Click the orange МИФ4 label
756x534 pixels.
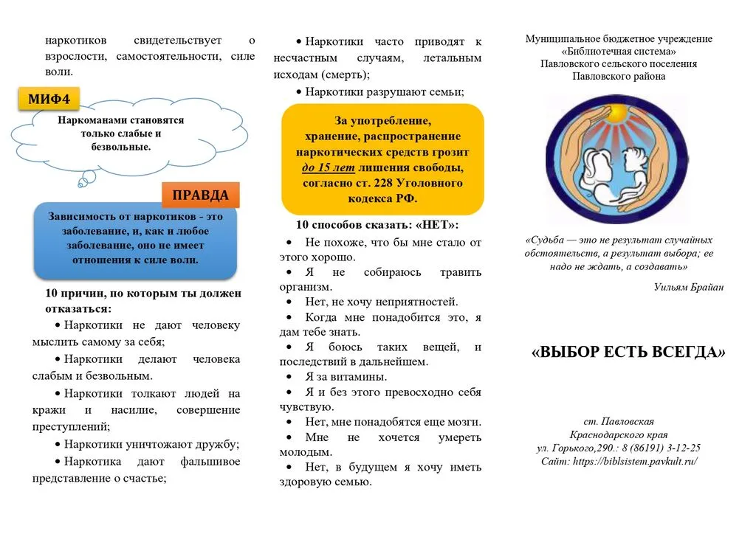point(49,98)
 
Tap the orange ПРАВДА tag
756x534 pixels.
point(200,195)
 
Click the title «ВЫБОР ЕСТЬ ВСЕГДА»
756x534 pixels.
point(628,353)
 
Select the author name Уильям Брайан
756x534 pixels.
point(688,287)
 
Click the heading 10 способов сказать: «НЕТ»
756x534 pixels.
point(377,225)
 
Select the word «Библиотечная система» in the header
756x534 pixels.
point(619,52)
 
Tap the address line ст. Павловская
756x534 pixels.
point(619,422)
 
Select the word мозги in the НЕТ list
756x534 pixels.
point(464,422)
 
